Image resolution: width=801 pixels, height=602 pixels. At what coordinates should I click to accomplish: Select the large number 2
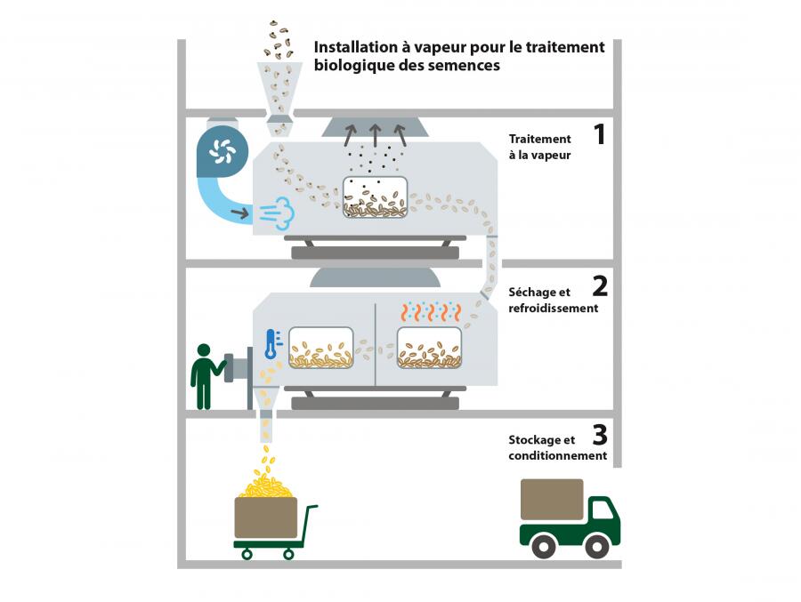[600, 286]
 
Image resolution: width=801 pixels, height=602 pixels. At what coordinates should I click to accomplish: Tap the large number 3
[600, 435]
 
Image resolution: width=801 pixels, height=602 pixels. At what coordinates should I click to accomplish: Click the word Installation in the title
[354, 47]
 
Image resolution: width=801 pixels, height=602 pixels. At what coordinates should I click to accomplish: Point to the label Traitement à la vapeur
[540, 147]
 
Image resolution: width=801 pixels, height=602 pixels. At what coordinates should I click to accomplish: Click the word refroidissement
[554, 309]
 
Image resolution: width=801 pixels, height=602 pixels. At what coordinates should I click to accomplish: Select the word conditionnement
[558, 455]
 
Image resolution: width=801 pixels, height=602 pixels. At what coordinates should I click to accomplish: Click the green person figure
[206, 376]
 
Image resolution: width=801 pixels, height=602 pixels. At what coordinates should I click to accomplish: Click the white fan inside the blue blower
[222, 151]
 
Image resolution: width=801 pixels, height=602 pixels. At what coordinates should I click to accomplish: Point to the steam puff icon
[277, 213]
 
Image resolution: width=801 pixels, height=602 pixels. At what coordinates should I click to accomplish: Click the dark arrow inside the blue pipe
[239, 213]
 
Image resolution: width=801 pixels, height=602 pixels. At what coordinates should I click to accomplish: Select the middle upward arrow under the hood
[375, 135]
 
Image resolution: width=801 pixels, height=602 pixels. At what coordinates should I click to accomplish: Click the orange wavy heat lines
[431, 311]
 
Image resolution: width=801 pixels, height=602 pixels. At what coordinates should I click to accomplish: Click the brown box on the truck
[552, 500]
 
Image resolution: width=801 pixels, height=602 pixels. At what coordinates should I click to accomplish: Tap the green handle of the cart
[309, 525]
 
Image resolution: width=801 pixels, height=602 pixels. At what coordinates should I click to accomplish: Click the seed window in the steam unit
[375, 197]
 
